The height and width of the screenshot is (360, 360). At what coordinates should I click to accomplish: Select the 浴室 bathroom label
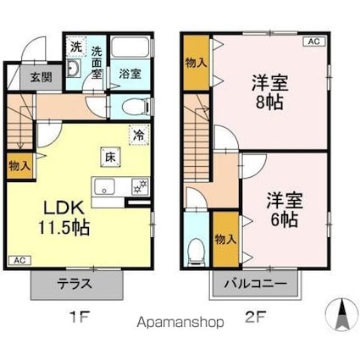coord(130,74)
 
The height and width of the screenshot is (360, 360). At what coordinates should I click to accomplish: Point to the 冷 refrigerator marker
coord(137,135)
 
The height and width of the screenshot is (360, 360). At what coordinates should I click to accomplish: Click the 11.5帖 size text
coord(62,227)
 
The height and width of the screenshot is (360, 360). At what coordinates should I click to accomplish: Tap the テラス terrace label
coord(75,285)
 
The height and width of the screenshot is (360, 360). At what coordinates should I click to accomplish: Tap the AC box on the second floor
coord(313,41)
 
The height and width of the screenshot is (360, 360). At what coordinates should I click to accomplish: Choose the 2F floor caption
coord(256,321)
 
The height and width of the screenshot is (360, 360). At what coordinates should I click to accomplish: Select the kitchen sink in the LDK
coord(107,188)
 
